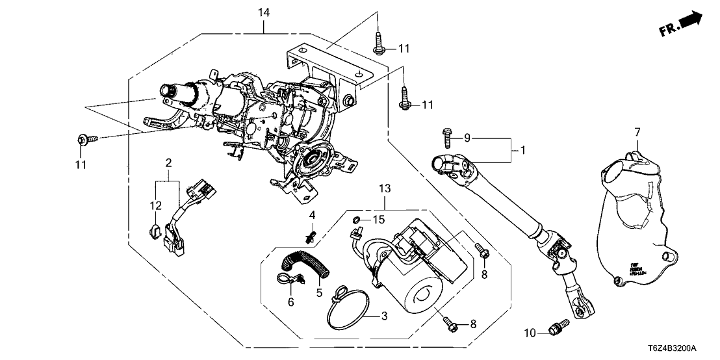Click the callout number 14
coord(264,12)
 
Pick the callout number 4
coord(312,214)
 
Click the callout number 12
coord(154,206)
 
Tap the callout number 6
coord(291,302)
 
